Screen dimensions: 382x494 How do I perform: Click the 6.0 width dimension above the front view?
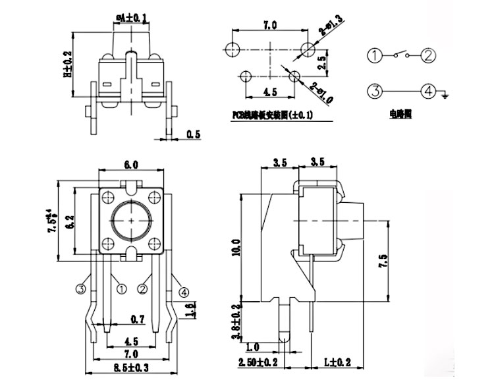[131, 164]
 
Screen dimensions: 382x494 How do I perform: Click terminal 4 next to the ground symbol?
[428, 91]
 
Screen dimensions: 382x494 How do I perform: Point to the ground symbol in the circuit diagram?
[445, 96]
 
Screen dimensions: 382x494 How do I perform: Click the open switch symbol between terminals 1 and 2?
[402, 54]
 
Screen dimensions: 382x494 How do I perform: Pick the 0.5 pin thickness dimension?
[193, 134]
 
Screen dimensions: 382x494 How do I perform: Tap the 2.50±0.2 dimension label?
[258, 363]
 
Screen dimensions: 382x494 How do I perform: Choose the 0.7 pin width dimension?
[137, 320]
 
